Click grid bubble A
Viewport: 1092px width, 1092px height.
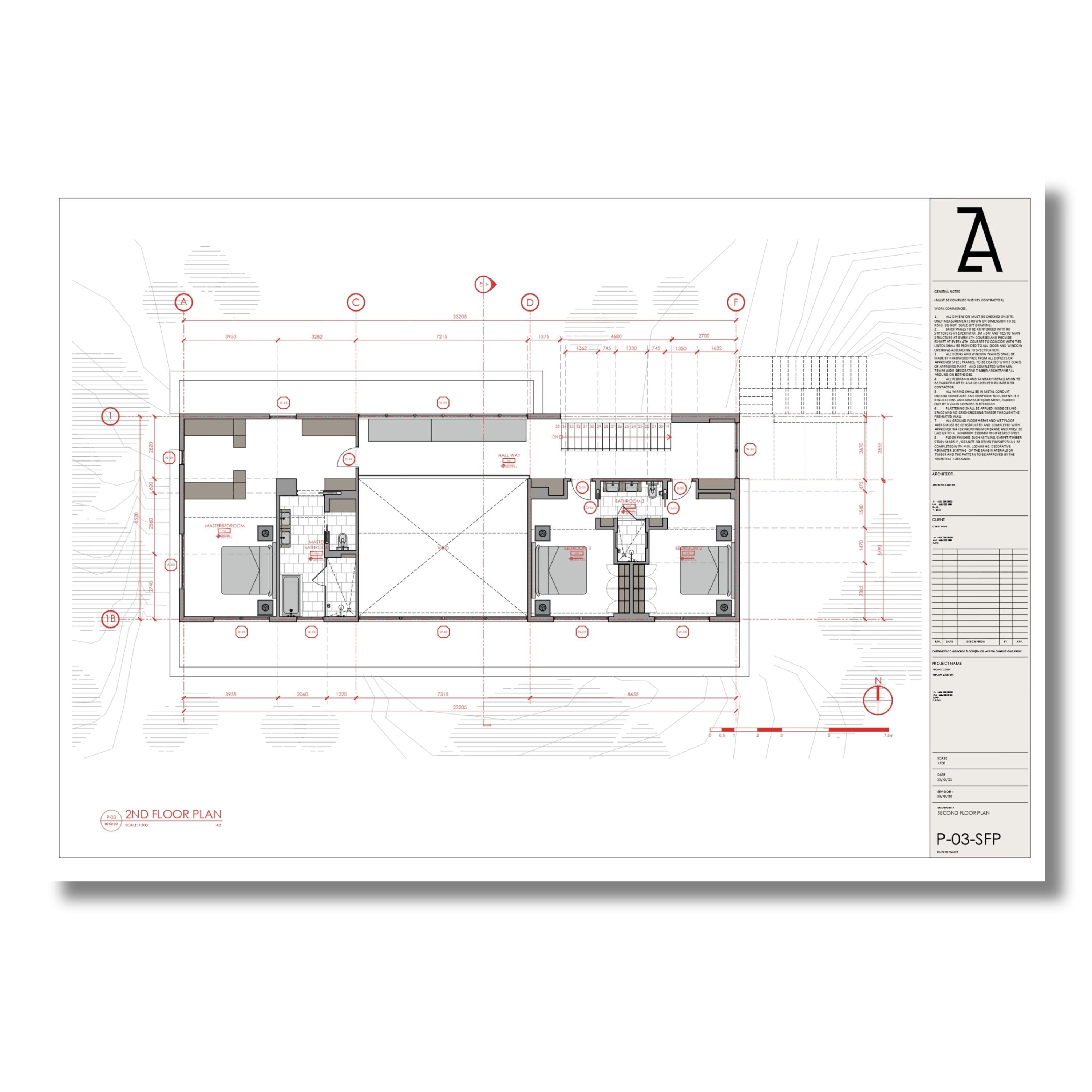184,302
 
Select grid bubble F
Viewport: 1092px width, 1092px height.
735,302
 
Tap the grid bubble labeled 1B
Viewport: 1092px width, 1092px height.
111,619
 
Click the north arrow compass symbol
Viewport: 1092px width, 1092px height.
878,699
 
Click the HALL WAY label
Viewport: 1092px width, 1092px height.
509,455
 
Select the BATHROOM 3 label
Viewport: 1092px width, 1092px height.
629,501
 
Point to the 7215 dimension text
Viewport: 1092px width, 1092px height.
442,336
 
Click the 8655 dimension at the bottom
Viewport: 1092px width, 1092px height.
633,694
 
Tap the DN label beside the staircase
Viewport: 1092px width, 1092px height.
555,437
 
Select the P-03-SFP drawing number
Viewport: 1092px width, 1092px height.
968,839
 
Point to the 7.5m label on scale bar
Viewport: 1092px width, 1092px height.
888,735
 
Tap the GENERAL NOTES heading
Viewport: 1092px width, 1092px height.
947,292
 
